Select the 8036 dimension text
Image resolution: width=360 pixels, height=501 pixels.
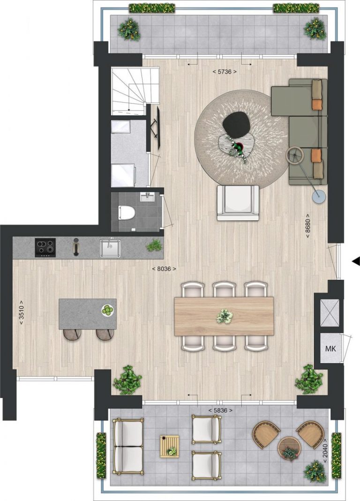[164, 269]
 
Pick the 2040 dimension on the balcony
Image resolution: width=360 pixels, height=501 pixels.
[325, 450]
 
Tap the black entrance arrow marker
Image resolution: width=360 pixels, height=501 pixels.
[356, 261]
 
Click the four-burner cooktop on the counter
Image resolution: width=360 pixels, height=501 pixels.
[45, 247]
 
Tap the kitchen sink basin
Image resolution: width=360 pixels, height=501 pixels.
[110, 248]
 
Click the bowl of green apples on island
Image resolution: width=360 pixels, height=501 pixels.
[108, 309]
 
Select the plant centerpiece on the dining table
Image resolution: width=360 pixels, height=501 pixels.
[224, 316]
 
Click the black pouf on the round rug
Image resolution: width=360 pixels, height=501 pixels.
[237, 124]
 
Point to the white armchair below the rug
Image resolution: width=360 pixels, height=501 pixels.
[238, 202]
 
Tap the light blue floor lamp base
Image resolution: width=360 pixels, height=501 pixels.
[320, 197]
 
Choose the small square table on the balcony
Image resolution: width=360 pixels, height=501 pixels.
[169, 446]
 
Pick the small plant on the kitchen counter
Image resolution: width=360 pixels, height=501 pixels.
[154, 245]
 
